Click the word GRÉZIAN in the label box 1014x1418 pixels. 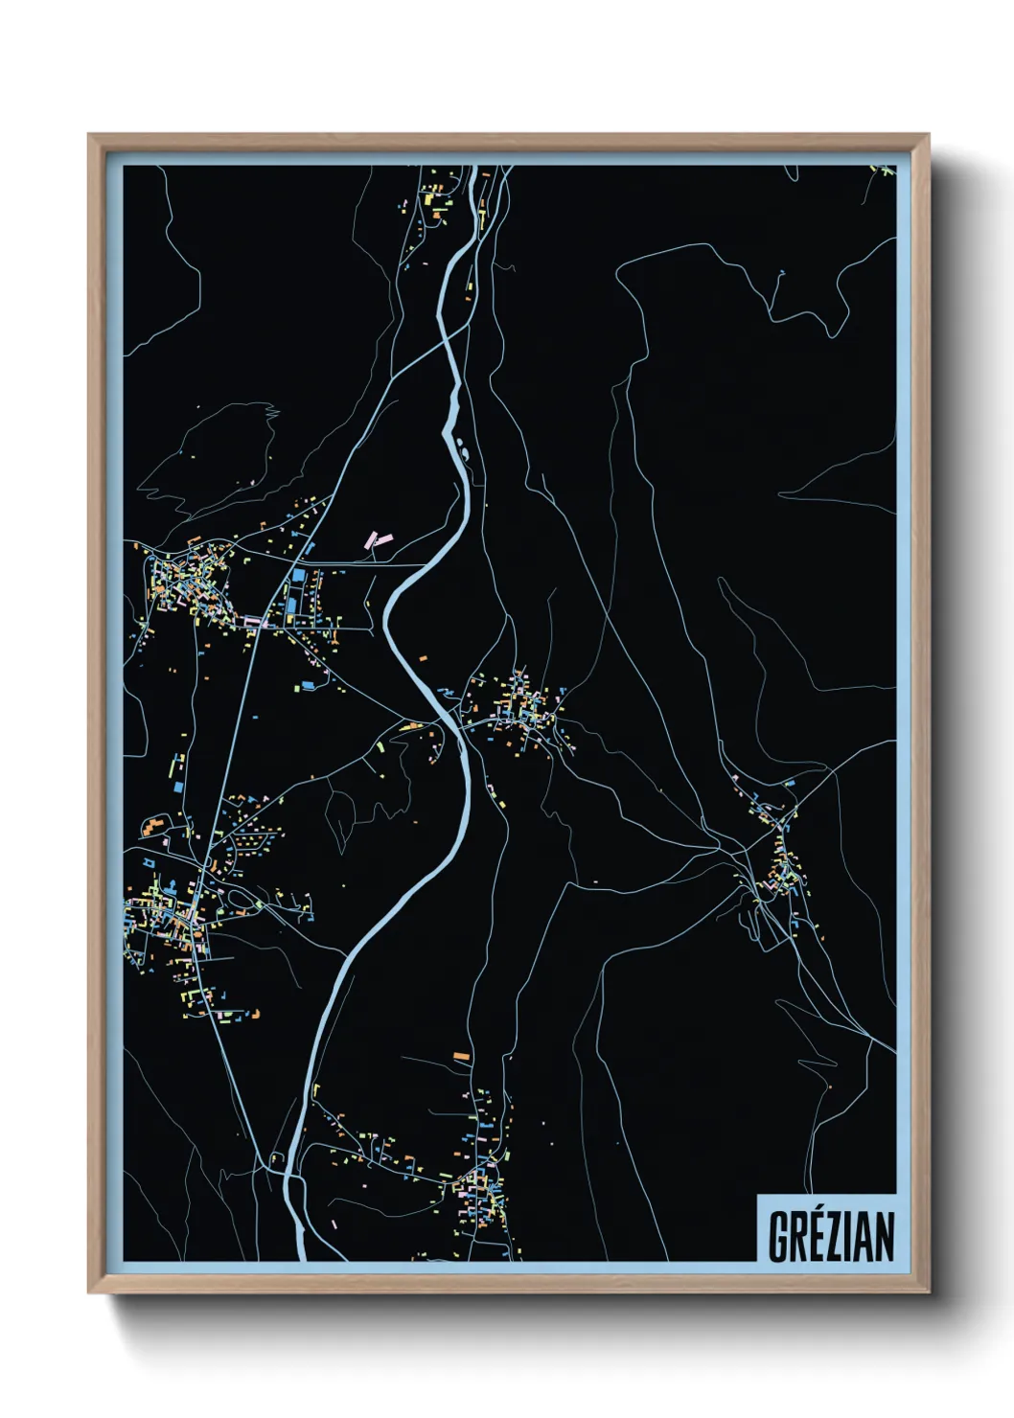click(831, 1236)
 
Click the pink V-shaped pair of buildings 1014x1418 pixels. click(378, 539)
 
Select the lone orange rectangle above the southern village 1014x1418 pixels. click(461, 1056)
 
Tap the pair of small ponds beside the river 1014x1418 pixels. click(463, 446)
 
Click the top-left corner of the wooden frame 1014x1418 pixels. click(89, 135)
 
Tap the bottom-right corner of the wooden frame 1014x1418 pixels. click(929, 1292)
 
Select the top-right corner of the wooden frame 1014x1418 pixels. click(929, 135)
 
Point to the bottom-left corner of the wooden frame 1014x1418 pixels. click(89, 1292)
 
